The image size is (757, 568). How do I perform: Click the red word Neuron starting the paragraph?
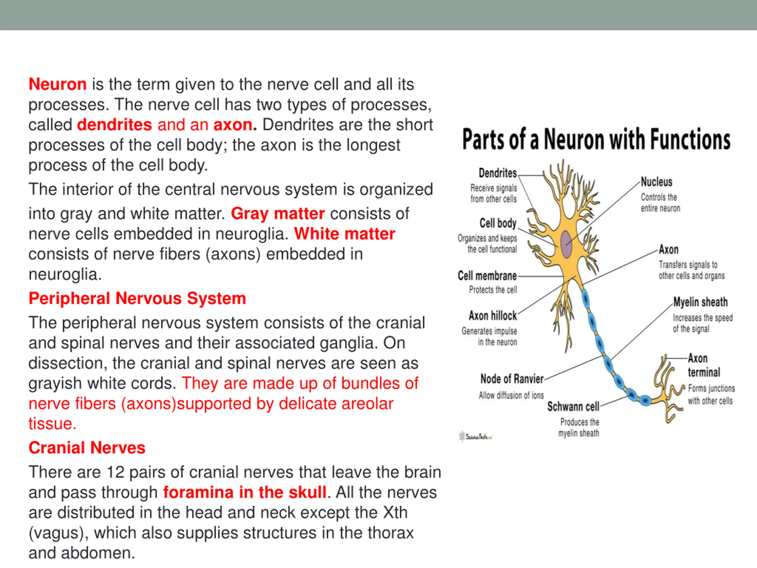(57, 84)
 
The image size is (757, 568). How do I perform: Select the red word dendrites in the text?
(114, 125)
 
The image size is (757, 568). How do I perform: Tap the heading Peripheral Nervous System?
(137, 298)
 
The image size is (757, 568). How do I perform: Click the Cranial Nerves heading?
(87, 448)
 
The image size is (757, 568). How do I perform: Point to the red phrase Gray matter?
(278, 214)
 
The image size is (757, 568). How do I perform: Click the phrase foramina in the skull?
(244, 492)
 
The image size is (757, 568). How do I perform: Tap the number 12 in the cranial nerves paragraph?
(115, 472)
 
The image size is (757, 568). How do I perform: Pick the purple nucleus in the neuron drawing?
(566, 244)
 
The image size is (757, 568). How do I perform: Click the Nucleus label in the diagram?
(656, 182)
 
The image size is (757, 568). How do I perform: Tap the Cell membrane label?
(487, 276)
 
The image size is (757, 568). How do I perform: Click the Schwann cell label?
(573, 406)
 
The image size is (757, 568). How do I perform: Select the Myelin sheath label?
(700, 302)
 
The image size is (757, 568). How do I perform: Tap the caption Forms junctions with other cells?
(711, 394)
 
